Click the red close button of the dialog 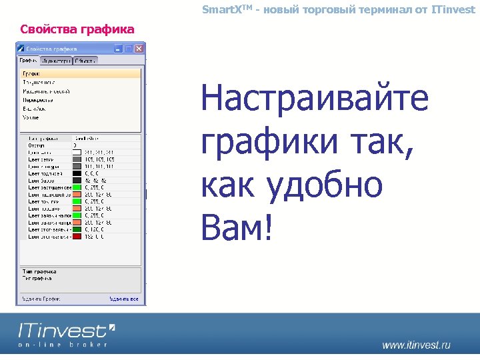(x=139, y=49)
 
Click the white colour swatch (x=77, y=151)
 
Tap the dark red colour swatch (x=77, y=236)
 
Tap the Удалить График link (x=41, y=300)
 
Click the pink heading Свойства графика (x=77, y=29)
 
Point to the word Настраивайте (x=314, y=99)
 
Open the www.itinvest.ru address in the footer (x=416, y=345)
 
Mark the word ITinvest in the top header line (x=453, y=9)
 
